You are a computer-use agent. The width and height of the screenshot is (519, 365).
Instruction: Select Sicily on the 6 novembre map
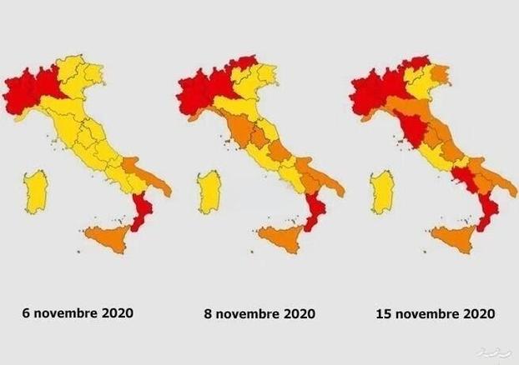coord(109,237)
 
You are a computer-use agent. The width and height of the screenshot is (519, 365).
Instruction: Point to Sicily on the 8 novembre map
coord(283,238)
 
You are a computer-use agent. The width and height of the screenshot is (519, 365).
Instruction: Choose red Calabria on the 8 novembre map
coord(314,212)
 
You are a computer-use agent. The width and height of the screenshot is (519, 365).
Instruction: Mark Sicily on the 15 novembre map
coord(456,237)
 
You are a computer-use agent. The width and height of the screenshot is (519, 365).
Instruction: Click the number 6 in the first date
coord(27,313)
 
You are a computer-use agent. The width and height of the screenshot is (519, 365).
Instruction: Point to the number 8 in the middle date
coord(209,314)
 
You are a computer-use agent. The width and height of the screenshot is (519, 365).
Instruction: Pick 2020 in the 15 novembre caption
coord(477,314)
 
